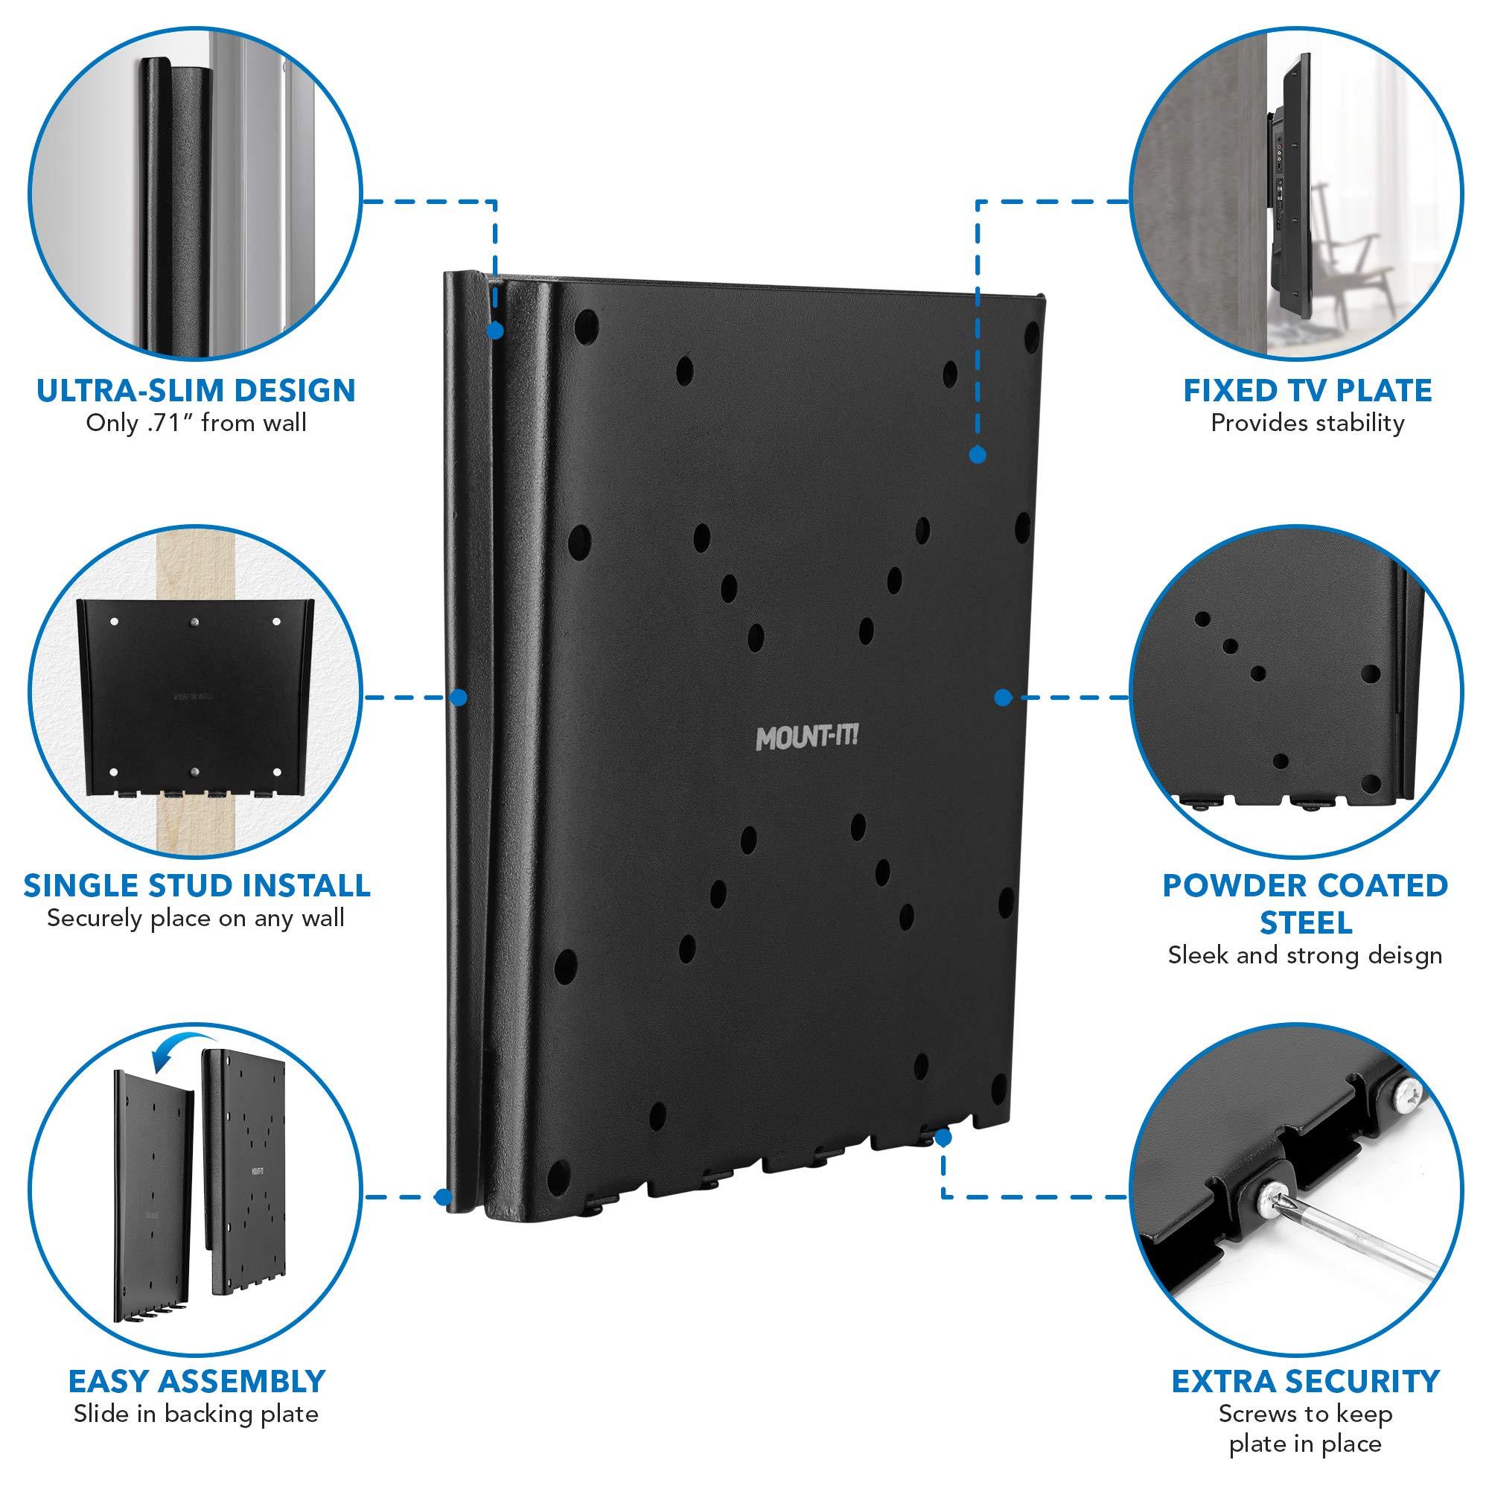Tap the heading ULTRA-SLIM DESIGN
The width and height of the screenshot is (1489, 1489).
(x=196, y=390)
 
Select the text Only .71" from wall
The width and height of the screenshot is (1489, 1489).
(x=196, y=423)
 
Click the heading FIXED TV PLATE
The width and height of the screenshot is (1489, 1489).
(x=1307, y=391)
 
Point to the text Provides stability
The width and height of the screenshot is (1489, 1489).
(x=1307, y=423)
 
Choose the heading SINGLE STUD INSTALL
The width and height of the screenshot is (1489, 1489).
(x=197, y=885)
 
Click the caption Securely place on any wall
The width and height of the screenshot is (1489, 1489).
(x=196, y=919)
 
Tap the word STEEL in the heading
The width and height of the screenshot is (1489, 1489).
(x=1306, y=922)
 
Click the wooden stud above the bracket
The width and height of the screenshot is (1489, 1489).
(x=182, y=567)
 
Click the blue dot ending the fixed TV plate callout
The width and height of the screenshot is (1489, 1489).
(x=978, y=456)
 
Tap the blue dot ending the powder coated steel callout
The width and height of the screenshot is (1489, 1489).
(x=1002, y=698)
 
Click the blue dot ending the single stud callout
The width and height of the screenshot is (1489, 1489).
(x=459, y=698)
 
